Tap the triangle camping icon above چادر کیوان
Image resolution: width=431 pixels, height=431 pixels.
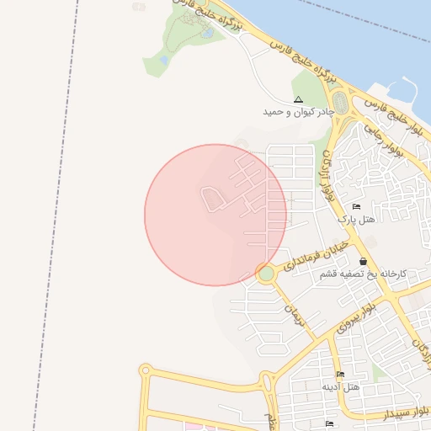[x=298, y=99]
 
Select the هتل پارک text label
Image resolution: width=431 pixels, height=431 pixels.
[x=355, y=219]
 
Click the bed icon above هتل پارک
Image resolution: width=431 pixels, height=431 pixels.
[x=356, y=207]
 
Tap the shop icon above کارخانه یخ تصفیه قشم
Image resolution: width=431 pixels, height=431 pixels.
[x=363, y=262]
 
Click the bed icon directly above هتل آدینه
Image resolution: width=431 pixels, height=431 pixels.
[x=341, y=375]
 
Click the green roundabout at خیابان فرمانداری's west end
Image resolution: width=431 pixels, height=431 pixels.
[x=267, y=273]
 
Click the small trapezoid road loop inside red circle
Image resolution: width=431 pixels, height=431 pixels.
[x=212, y=199]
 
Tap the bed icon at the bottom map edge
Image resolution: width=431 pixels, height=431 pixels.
[x=329, y=423]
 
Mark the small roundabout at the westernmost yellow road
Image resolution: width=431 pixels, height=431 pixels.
[x=145, y=370]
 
